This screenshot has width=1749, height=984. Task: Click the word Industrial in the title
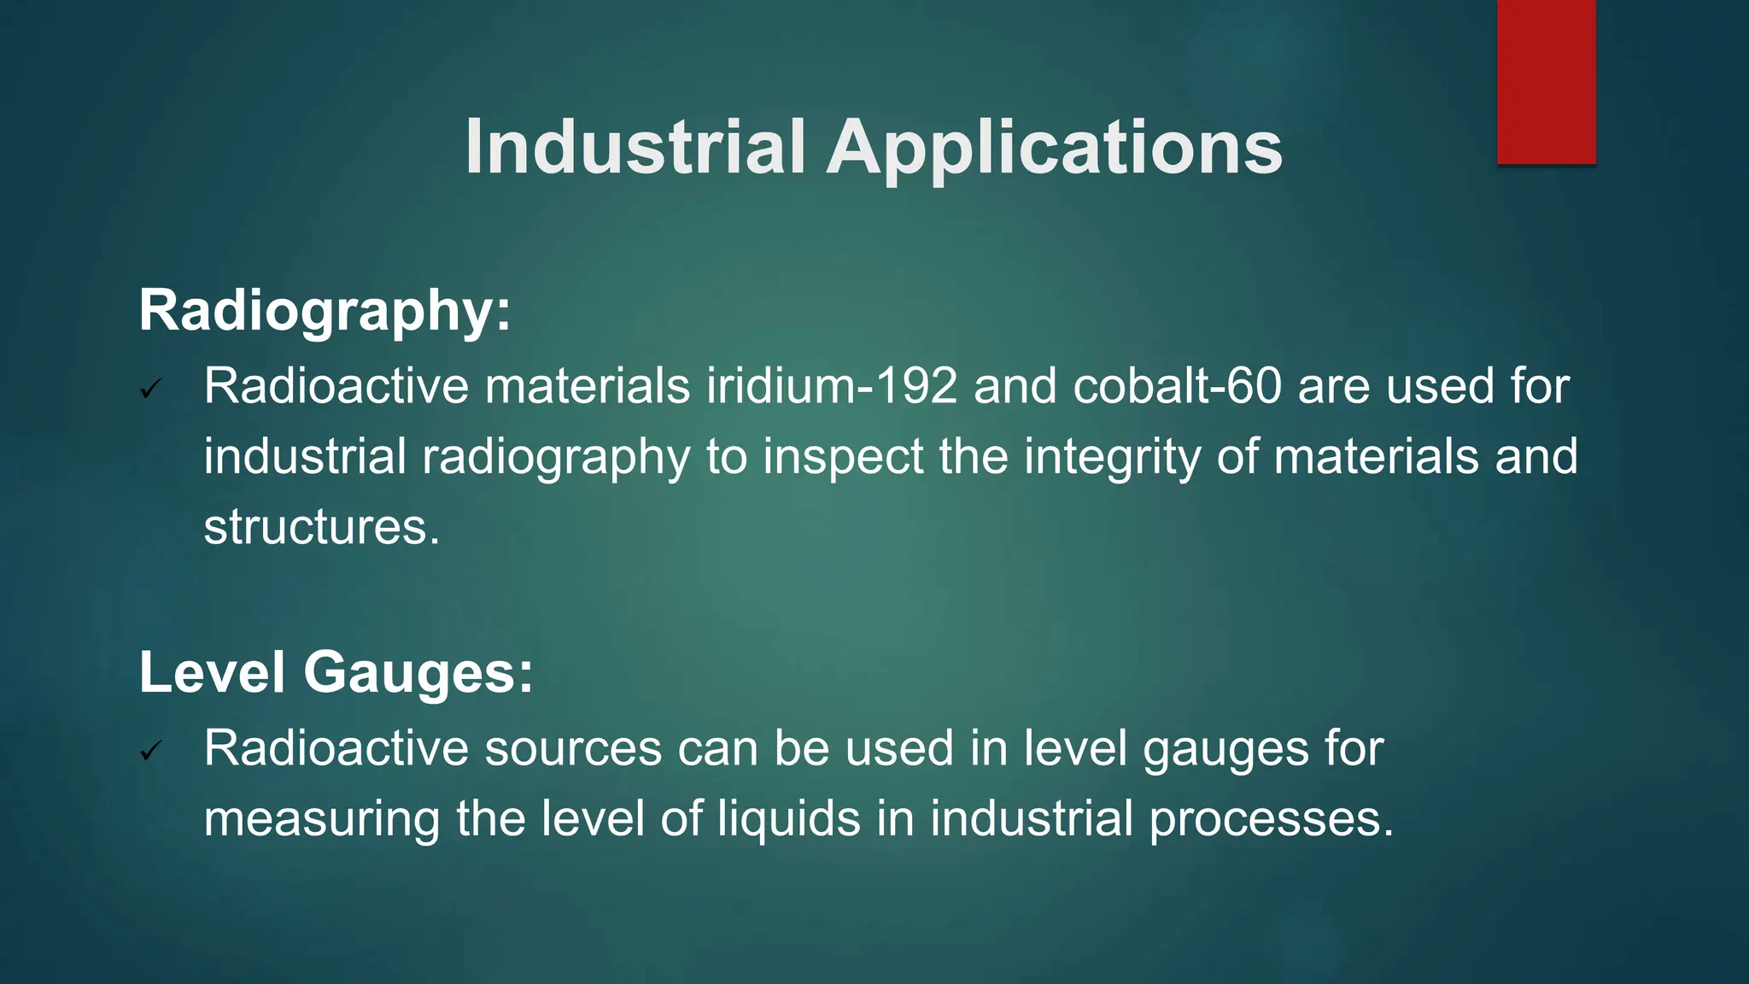point(635,147)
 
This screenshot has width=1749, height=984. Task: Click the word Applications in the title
point(1054,149)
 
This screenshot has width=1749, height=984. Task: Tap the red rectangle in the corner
point(1546,82)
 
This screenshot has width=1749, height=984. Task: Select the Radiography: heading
point(325,311)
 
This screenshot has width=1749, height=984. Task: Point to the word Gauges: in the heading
point(418,674)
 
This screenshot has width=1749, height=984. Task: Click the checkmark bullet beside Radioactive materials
point(151,390)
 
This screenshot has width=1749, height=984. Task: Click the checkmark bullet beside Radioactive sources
point(151,752)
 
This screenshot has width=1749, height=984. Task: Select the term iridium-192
point(832,386)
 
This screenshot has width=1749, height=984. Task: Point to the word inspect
point(843,458)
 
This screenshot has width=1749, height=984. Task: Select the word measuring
point(321,820)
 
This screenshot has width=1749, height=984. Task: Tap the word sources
point(573,749)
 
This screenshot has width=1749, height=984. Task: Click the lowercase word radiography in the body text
point(556,458)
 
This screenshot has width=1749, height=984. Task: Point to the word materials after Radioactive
point(588,386)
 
